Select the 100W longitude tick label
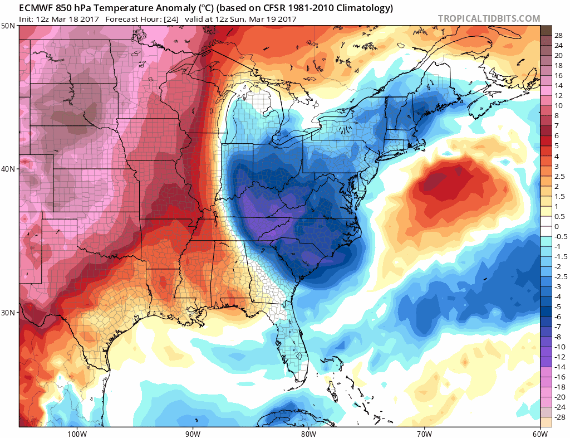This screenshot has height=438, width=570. pos(76,433)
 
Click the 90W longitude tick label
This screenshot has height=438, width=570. pos(193,433)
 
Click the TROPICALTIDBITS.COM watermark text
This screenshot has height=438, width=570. pos(489,18)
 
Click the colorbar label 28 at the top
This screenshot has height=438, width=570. pos(558,35)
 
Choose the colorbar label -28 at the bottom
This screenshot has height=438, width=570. pos(558,417)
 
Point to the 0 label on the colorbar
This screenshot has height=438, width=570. pos(556,226)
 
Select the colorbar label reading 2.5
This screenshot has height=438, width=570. pos(558,176)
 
